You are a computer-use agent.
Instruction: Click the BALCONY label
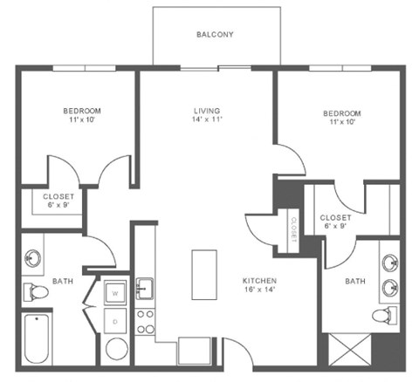pyautogui.click(x=214, y=35)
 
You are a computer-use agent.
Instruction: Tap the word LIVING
pyautogui.click(x=207, y=112)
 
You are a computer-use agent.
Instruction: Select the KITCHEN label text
pyautogui.click(x=259, y=281)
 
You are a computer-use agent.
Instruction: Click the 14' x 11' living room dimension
pyautogui.click(x=207, y=122)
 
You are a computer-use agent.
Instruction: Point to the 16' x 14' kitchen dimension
pyautogui.click(x=259, y=291)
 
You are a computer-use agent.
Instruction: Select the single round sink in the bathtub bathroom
pyautogui.click(x=34, y=257)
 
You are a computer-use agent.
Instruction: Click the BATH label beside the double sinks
pyautogui.click(x=354, y=281)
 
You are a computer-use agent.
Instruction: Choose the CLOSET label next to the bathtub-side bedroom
pyautogui.click(x=58, y=197)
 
